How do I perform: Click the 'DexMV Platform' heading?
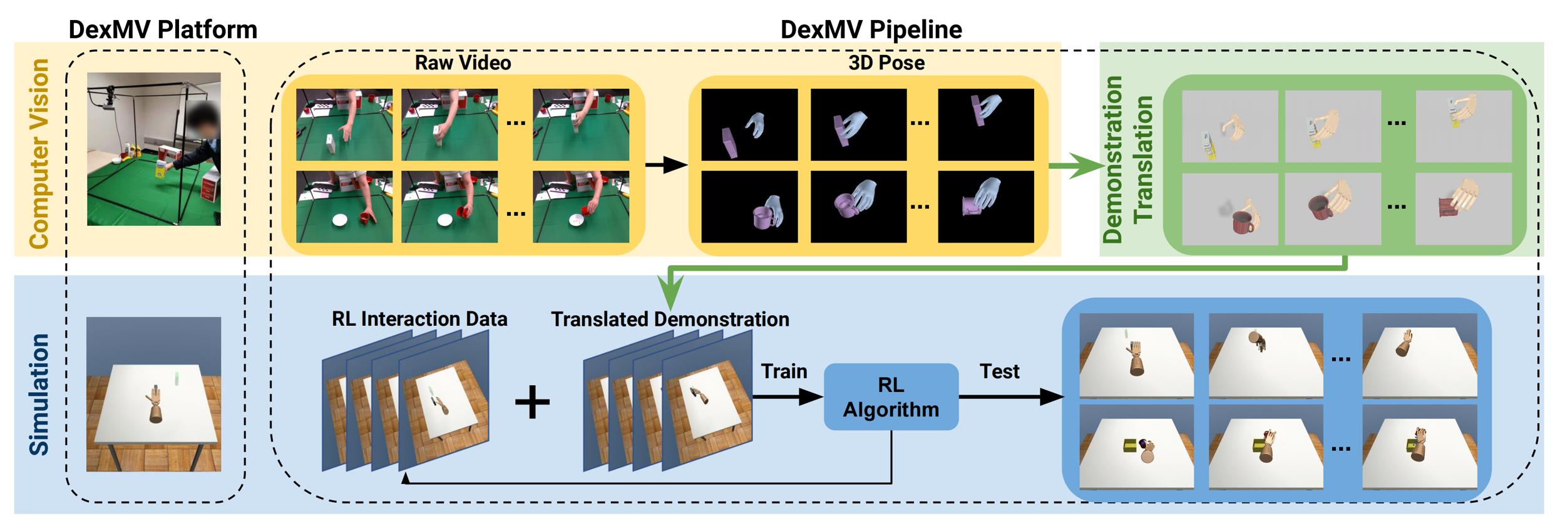pyautogui.click(x=163, y=29)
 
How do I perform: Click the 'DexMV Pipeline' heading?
pyautogui.click(x=871, y=29)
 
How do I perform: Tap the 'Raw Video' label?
pyautogui.click(x=463, y=63)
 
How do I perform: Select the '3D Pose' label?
pyautogui.click(x=886, y=63)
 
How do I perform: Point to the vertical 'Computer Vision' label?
pyautogui.click(x=39, y=154)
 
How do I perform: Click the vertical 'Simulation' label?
pyautogui.click(x=39, y=395)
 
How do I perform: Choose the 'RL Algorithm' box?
pyautogui.click(x=891, y=396)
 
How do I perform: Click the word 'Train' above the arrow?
pyautogui.click(x=784, y=371)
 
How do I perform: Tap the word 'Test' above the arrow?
pyautogui.click(x=999, y=371)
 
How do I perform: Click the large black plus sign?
pyautogui.click(x=532, y=401)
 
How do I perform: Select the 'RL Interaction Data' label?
pyautogui.click(x=419, y=319)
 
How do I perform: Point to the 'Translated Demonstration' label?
pyautogui.click(x=670, y=319)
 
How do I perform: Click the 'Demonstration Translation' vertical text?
pyautogui.click(x=1127, y=159)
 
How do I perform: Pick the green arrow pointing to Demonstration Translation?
pyautogui.click(x=1077, y=166)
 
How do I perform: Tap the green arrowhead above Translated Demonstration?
pyautogui.click(x=670, y=295)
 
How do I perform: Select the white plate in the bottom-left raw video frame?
pyautogui.click(x=340, y=220)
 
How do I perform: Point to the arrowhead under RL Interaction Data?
pyautogui.click(x=406, y=478)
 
